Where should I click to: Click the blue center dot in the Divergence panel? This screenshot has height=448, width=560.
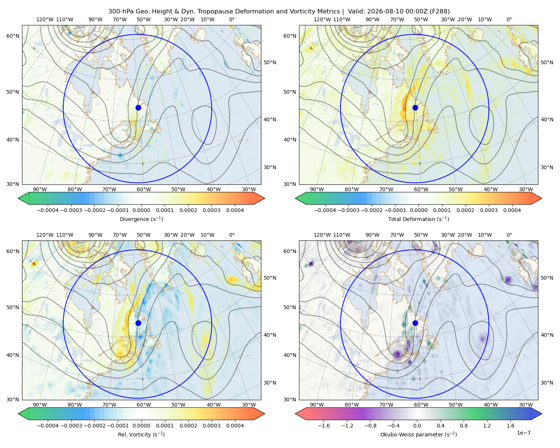click(x=138, y=108)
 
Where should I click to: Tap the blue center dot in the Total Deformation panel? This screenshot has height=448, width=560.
click(x=415, y=108)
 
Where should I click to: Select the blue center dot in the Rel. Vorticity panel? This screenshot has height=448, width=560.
click(x=138, y=323)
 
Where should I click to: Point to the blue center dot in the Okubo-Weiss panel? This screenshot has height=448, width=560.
click(x=415, y=323)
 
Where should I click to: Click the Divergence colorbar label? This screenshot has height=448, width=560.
click(x=141, y=219)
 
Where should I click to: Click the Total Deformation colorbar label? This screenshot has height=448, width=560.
click(x=419, y=219)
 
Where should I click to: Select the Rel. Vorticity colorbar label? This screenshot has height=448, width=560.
click(x=141, y=434)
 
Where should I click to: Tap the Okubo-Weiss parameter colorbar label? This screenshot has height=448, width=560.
click(x=419, y=434)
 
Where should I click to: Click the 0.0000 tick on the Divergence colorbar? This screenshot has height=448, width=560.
click(x=141, y=210)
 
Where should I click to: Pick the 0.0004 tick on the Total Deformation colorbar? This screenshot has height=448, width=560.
click(x=512, y=210)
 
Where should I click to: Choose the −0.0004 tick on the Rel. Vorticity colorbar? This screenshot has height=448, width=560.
click(x=48, y=425)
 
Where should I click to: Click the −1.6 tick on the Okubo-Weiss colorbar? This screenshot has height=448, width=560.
click(x=324, y=425)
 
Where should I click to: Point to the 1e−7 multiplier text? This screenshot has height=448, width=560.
click(x=523, y=433)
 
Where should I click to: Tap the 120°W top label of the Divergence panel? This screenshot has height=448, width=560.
click(x=45, y=19)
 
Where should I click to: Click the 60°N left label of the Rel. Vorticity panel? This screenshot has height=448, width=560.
click(x=13, y=251)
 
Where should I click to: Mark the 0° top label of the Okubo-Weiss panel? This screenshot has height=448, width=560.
click(x=509, y=235)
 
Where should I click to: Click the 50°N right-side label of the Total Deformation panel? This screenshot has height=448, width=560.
click(x=547, y=62)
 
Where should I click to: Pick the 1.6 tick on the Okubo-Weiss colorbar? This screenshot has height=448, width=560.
click(x=510, y=425)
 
